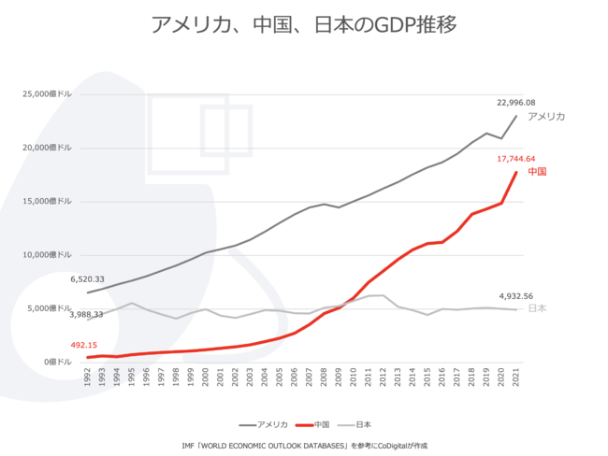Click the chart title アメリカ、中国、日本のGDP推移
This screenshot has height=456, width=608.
click(304, 24)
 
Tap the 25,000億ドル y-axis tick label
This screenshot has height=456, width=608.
click(47, 94)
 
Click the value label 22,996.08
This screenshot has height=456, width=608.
click(515, 102)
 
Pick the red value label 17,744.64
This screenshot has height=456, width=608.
click(515, 159)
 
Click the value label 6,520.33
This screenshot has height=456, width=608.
click(88, 278)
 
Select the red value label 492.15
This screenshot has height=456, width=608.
click(84, 345)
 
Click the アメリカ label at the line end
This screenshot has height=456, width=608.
click(546, 117)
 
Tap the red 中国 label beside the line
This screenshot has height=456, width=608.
click(537, 172)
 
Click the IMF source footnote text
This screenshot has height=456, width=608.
click(304, 446)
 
